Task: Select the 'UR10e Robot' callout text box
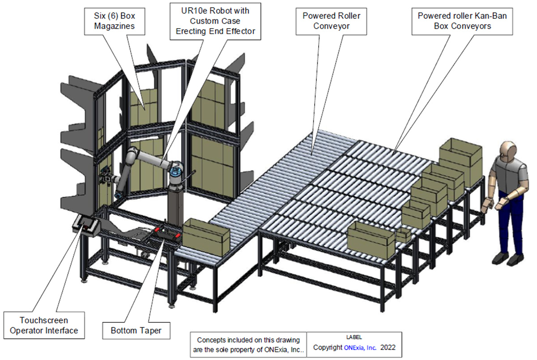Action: pyautogui.click(x=215, y=21)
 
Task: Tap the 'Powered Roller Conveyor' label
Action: pyautogui.click(x=331, y=21)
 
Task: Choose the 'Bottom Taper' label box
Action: pyautogui.click(x=136, y=331)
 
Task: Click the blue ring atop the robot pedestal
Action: pyautogui.click(x=176, y=170)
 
